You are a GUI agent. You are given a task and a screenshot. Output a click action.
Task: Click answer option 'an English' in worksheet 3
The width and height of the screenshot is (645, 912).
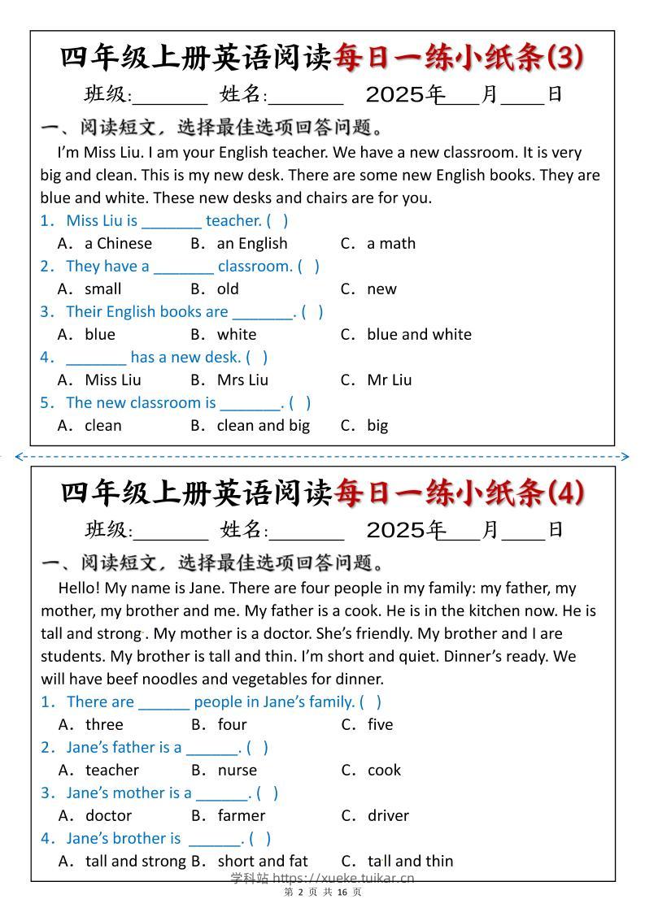tap(251, 243)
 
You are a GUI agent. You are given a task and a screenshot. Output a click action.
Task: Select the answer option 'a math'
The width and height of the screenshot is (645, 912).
tap(390, 243)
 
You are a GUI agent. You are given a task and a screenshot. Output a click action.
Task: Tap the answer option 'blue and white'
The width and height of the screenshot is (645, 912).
tap(418, 334)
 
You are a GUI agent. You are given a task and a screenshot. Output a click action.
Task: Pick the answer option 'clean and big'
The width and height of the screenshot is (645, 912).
tap(263, 425)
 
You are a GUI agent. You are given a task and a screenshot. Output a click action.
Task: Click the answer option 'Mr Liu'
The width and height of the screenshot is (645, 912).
tap(389, 380)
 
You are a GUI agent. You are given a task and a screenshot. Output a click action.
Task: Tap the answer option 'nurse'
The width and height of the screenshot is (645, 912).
tap(237, 770)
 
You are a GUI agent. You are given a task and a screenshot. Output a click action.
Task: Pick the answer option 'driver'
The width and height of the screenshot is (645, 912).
tap(388, 815)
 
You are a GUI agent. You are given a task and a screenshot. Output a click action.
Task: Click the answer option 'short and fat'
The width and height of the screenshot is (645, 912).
tap(262, 861)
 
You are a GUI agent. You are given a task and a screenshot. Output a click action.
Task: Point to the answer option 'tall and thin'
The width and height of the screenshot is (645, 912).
tap(410, 861)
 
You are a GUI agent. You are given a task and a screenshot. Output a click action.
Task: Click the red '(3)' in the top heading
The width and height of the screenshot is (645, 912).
tap(566, 57)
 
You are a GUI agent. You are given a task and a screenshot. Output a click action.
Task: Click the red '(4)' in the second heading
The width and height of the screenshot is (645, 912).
tap(566, 493)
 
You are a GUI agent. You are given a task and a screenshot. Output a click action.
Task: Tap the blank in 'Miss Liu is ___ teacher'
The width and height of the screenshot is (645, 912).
tap(171, 221)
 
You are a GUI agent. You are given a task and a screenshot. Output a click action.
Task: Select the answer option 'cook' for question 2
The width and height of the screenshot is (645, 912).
tap(384, 770)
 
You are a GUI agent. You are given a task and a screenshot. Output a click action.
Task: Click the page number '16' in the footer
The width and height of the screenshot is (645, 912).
tap(342, 892)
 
